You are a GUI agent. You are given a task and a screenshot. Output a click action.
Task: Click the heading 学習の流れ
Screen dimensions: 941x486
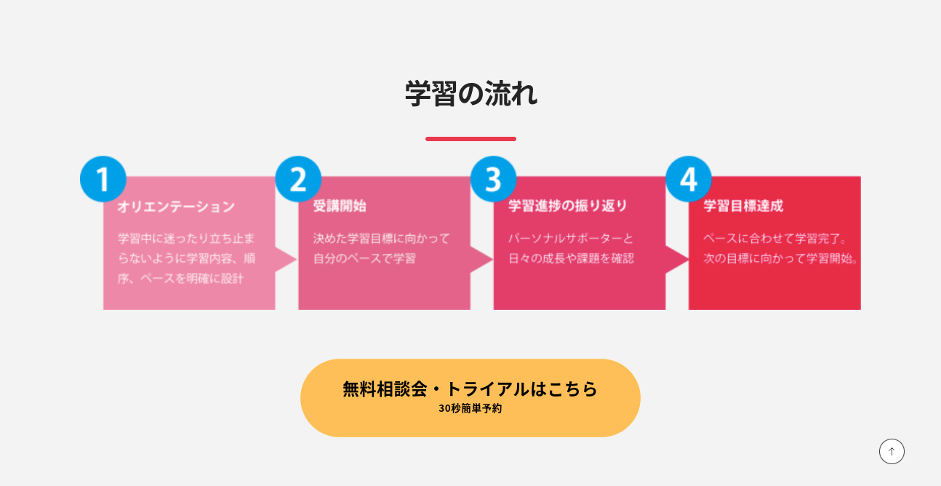pyautogui.click(x=471, y=94)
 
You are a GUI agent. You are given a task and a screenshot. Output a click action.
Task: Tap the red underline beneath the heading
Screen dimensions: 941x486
pyautogui.click(x=470, y=139)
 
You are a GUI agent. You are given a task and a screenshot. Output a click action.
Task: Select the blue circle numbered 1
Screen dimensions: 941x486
pyautogui.click(x=103, y=179)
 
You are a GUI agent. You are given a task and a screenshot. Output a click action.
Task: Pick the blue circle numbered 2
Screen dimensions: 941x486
pyautogui.click(x=298, y=179)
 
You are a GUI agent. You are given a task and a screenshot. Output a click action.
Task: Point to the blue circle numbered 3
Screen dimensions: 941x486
pyautogui.click(x=493, y=179)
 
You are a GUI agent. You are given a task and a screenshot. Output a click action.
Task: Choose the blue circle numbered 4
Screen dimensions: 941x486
pyautogui.click(x=689, y=179)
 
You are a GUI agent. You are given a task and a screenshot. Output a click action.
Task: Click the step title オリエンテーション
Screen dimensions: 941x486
pyautogui.click(x=176, y=207)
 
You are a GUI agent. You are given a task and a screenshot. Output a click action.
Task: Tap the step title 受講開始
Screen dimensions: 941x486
pyautogui.click(x=340, y=206)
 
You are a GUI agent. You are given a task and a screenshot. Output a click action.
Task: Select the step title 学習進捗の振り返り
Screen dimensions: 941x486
pyautogui.click(x=567, y=206)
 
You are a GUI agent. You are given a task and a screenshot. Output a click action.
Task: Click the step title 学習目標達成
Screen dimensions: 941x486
pyautogui.click(x=743, y=206)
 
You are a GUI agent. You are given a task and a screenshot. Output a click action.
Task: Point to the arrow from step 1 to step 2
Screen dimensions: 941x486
pyautogui.click(x=287, y=260)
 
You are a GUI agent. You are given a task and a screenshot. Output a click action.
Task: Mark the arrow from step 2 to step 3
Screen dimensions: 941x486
pyautogui.click(x=481, y=260)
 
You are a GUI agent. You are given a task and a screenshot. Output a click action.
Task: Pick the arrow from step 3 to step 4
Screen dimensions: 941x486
pyautogui.click(x=677, y=260)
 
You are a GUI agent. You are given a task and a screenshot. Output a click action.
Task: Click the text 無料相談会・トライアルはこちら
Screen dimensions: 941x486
pyautogui.click(x=470, y=389)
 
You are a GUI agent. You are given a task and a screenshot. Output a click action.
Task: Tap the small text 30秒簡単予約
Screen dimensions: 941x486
pyautogui.click(x=470, y=408)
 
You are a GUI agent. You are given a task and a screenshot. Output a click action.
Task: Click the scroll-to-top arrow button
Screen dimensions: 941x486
pyautogui.click(x=892, y=452)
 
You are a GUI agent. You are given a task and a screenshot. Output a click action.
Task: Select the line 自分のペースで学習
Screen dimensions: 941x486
pyautogui.click(x=364, y=258)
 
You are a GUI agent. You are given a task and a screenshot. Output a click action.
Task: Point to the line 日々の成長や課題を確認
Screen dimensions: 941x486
pyautogui.click(x=571, y=258)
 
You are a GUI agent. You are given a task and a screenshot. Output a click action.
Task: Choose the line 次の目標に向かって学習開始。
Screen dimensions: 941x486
pyautogui.click(x=780, y=258)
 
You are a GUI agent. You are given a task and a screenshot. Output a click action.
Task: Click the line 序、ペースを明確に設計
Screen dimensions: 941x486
pyautogui.click(x=180, y=279)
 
